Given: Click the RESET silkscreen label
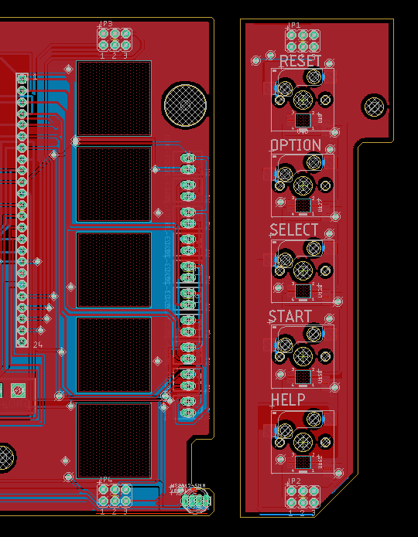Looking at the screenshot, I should (300, 61).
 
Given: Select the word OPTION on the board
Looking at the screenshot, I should (295, 145).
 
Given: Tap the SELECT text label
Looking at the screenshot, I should (294, 230).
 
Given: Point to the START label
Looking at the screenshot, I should (290, 317).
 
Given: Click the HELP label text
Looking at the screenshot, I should (288, 399).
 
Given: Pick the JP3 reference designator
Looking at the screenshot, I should (106, 25).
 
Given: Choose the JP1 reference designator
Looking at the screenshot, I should (293, 25).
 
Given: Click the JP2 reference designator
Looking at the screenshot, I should (293, 481).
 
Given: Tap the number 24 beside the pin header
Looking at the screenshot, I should (38, 345).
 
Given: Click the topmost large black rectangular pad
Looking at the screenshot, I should (114, 98).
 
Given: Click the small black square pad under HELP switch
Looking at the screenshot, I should (302, 461).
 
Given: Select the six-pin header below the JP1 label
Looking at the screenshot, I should (302, 40).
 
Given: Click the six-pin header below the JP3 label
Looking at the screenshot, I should (114, 40).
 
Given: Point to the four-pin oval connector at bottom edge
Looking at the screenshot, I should (196, 502).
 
